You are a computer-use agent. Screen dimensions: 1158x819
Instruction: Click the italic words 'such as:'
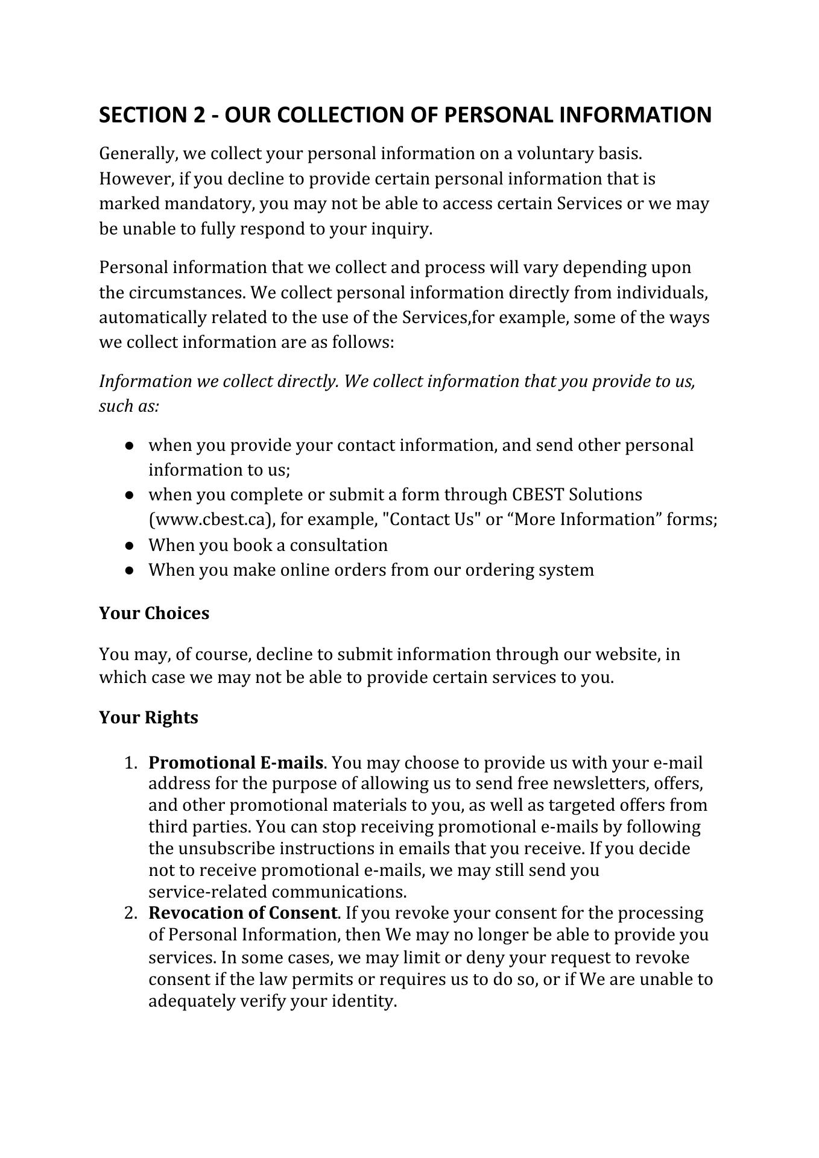[x=129, y=406]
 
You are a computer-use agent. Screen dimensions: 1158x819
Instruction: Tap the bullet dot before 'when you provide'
[x=130, y=445]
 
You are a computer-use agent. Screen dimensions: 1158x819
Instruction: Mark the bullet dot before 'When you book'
[x=130, y=546]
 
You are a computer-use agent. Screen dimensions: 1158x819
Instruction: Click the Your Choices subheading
[x=154, y=613]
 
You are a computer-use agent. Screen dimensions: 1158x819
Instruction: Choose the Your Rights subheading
[x=148, y=718]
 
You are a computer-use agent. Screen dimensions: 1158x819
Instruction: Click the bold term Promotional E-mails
[x=236, y=763]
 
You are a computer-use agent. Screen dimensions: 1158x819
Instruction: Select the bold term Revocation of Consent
[x=242, y=913]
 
